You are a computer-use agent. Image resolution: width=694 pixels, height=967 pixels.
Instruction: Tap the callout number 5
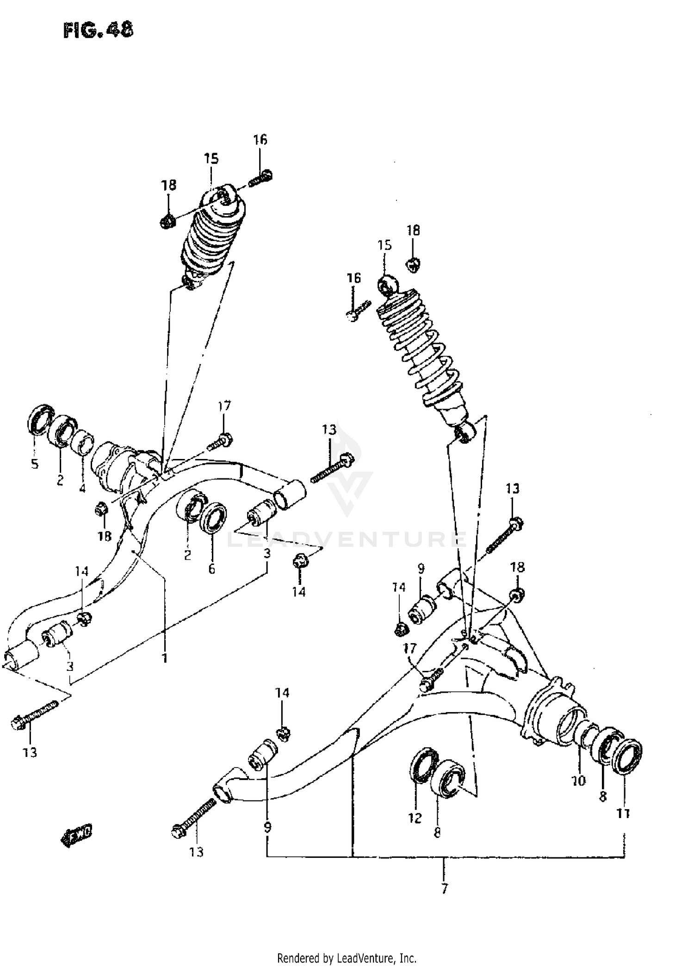tap(35, 464)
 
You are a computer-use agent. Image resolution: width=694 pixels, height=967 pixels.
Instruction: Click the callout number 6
tap(212, 569)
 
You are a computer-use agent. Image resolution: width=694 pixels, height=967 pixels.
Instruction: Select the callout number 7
tap(444, 889)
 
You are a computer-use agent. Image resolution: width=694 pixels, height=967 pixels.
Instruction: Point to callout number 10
tap(579, 781)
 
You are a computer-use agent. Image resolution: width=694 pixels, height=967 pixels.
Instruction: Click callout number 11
tap(624, 813)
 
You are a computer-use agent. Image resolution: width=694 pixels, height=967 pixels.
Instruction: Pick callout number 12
tap(415, 818)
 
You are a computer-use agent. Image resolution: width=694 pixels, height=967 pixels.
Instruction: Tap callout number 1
tap(164, 657)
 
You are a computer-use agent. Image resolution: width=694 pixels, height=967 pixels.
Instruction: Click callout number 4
tap(82, 488)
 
